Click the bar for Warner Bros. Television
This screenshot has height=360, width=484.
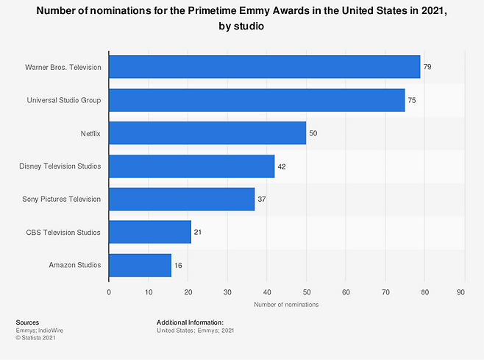coord(265,67)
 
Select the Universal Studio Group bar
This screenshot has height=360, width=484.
coord(257,99)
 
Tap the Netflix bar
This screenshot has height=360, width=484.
coord(207,133)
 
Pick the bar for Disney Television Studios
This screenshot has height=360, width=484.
coord(191,166)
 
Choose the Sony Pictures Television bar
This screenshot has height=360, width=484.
coord(182,199)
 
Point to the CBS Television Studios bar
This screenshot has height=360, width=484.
coord(150,232)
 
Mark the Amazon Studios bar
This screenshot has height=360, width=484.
coord(140,265)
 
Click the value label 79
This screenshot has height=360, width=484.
coord(427,67)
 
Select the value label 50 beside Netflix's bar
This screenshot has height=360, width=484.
coord(313,133)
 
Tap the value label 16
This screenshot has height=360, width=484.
coord(179,265)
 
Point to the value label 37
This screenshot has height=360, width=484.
coord(262,200)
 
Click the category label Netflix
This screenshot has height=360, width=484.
coord(90,133)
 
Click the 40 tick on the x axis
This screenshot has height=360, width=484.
coord(267,292)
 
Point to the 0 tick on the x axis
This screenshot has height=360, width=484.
coord(109,292)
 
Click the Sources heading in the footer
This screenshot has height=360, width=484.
coord(27,322)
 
